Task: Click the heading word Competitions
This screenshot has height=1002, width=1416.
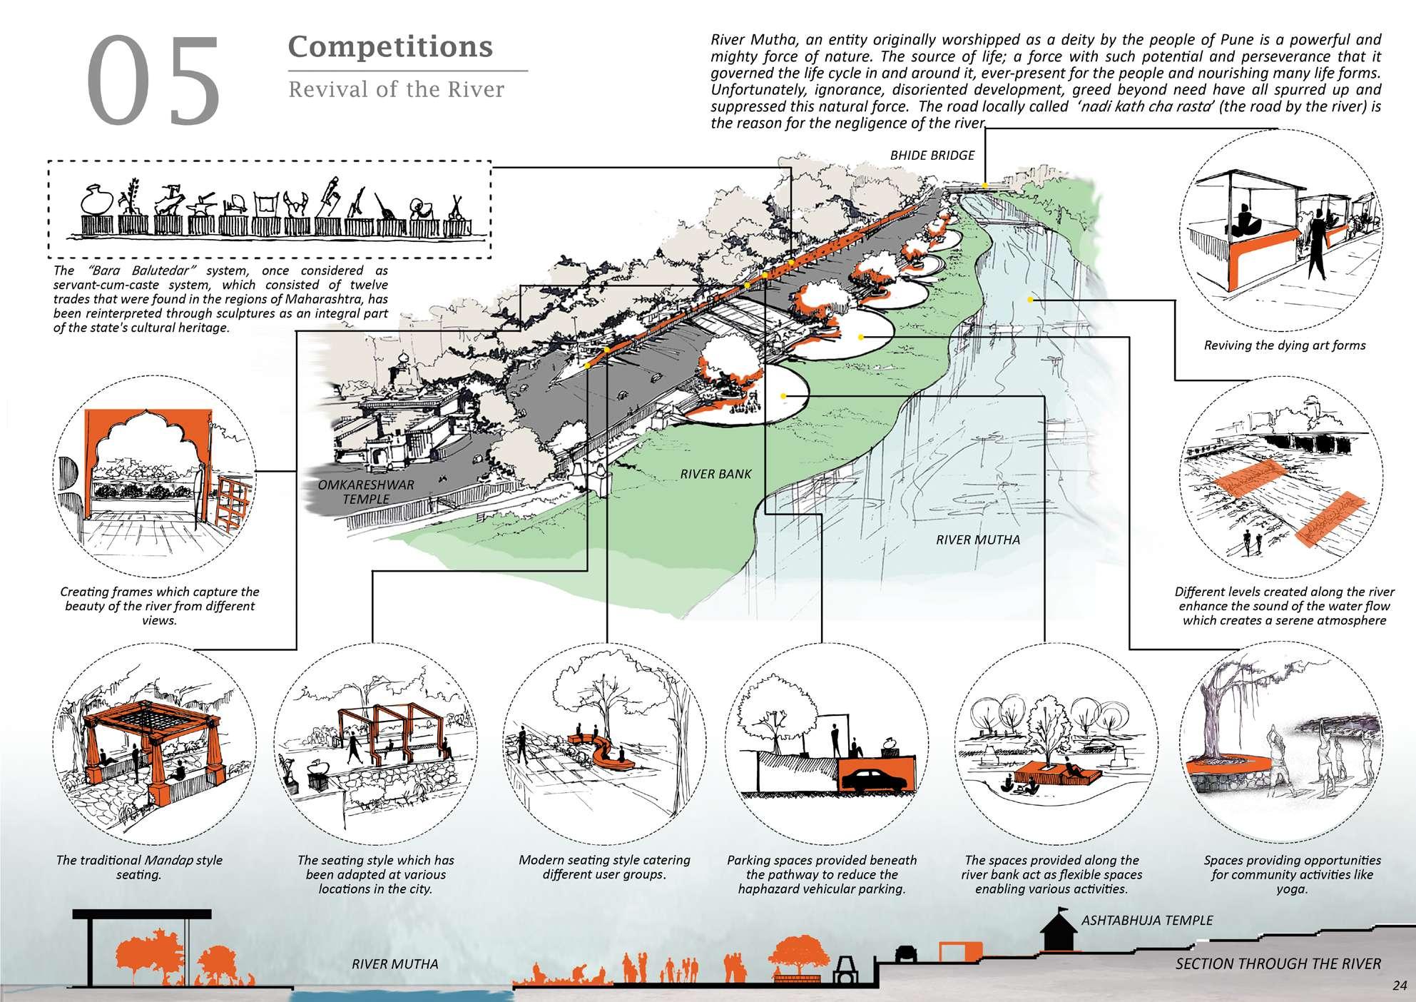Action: click(x=390, y=47)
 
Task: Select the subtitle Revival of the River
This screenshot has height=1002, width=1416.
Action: click(x=395, y=90)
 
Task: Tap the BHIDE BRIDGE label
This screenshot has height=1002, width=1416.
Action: click(x=932, y=156)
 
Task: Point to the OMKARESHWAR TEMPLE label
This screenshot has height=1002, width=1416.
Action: click(x=365, y=492)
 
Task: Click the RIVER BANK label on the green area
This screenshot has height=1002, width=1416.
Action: click(x=715, y=473)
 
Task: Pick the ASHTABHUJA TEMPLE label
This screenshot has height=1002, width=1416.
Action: click(x=1146, y=920)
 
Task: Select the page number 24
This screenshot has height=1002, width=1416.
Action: click(x=1398, y=986)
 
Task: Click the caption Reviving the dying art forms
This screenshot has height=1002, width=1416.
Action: click(x=1284, y=345)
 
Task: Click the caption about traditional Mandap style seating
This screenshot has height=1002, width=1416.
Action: click(x=139, y=867)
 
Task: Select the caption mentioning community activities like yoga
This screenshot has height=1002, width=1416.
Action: click(x=1292, y=875)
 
